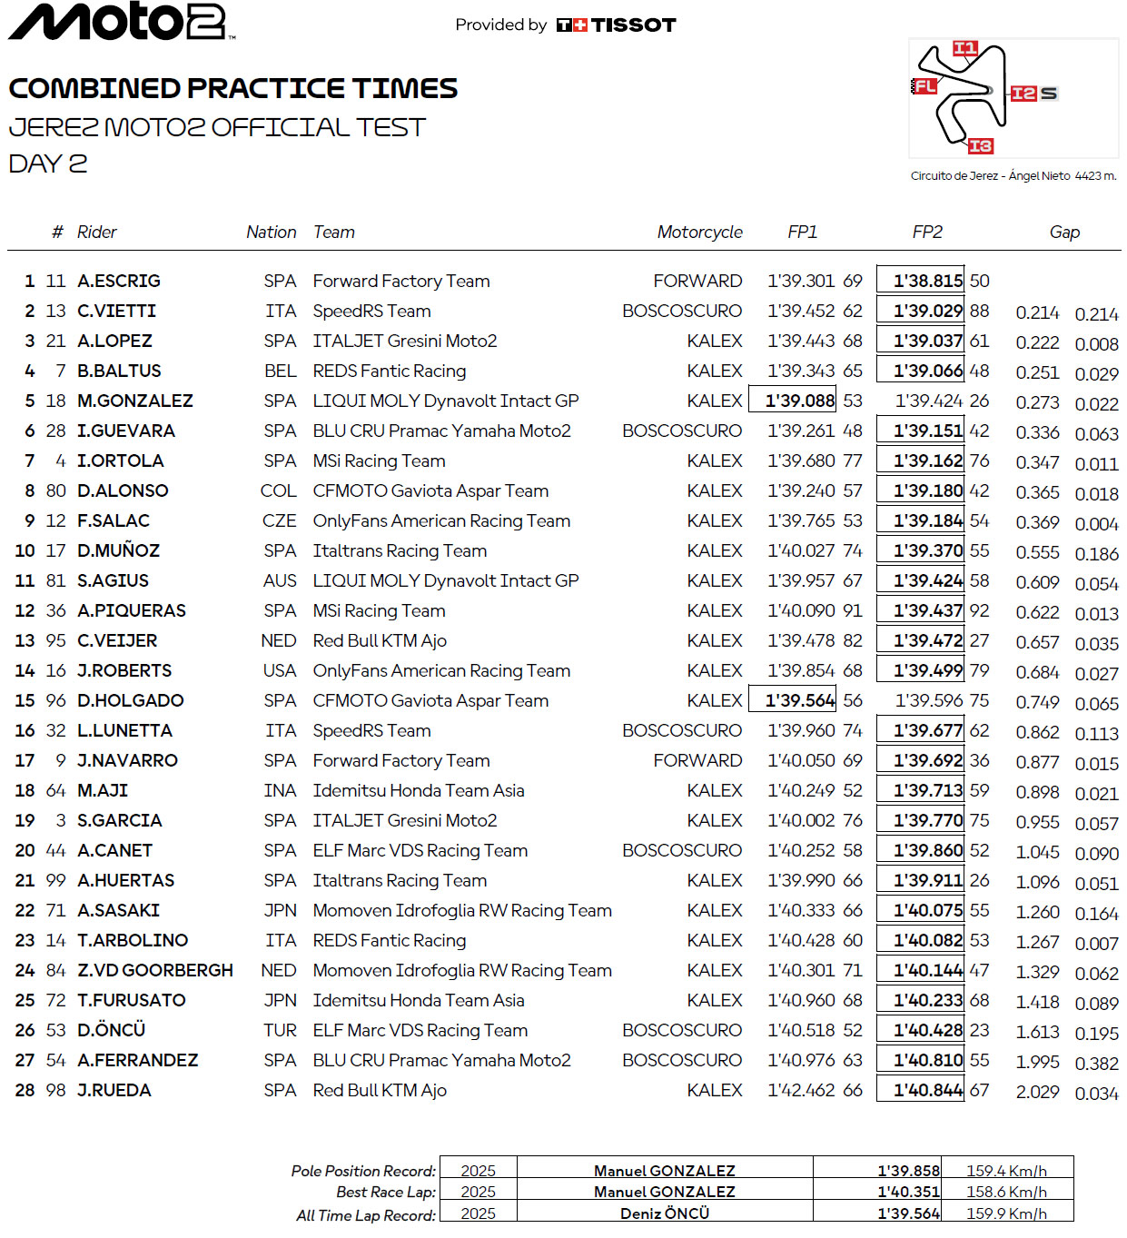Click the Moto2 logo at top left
pos(122,22)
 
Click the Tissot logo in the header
pos(617,25)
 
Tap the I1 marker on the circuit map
pos(964,48)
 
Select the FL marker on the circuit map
pos(924,86)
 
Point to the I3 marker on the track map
pos(980,146)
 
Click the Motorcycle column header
pos(699,233)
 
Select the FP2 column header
pos(927,233)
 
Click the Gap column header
pos(1064,233)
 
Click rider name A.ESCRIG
pos(119,282)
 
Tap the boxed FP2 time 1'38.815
pos(920,282)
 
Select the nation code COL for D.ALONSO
pos(278,491)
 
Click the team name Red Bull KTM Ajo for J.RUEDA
pos(380,1091)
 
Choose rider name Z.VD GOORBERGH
pos(155,971)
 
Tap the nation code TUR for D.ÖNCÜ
pos(280,1031)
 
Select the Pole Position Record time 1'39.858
pos(908,1171)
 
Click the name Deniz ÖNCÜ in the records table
pos(665,1213)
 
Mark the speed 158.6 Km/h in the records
pos(1006,1192)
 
